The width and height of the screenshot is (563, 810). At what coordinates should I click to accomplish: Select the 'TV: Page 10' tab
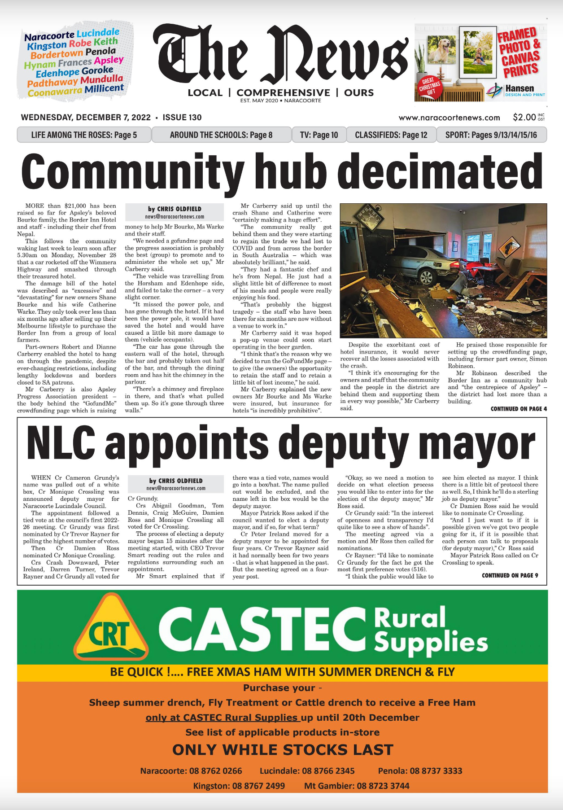319,135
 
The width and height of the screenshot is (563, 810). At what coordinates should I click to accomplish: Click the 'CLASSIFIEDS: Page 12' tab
391,135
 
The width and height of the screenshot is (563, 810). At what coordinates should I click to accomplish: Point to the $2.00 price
524,118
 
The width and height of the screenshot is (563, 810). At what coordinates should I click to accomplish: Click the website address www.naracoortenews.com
449,118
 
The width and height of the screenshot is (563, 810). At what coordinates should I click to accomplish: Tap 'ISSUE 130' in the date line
182,118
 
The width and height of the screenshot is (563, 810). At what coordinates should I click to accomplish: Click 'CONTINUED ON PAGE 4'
519,409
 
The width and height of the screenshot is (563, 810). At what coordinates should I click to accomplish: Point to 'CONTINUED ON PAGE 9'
510,575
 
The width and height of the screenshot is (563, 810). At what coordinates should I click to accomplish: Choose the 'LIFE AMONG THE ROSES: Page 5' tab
84,135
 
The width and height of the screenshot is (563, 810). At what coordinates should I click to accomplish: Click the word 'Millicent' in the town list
104,89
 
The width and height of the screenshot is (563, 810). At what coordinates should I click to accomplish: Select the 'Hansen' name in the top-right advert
519,88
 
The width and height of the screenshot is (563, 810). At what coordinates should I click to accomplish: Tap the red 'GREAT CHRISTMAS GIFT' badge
430,86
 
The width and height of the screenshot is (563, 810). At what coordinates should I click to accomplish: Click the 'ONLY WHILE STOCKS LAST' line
283,750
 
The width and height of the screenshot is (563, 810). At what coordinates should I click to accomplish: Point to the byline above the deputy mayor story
176,481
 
